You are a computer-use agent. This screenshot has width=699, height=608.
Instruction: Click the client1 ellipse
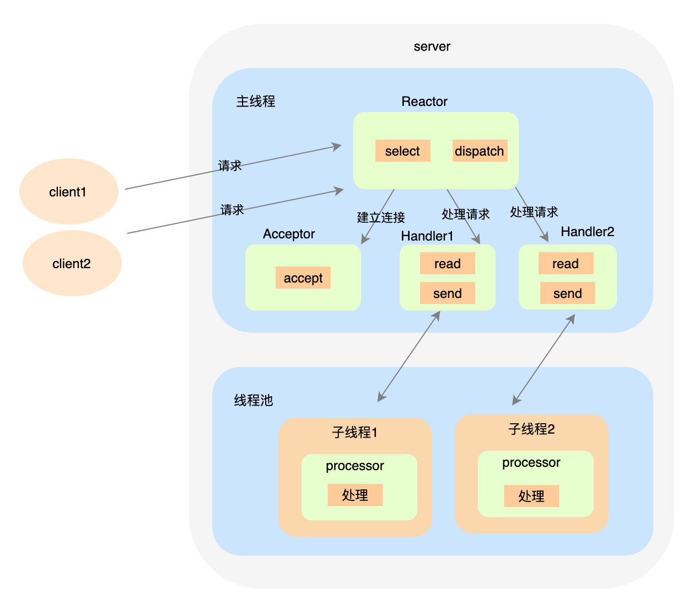(68, 191)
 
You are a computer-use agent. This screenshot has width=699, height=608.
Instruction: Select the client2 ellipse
(72, 263)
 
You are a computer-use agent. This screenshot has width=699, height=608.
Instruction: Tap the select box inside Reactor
(402, 151)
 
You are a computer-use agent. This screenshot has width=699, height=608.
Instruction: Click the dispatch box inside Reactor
(480, 151)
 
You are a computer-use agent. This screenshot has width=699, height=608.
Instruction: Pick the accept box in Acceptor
(303, 278)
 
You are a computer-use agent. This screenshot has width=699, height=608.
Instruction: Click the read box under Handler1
(447, 263)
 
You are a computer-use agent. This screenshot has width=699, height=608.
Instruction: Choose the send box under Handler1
(447, 293)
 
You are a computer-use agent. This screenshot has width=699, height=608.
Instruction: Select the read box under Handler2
(566, 263)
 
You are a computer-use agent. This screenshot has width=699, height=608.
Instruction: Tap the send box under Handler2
(567, 293)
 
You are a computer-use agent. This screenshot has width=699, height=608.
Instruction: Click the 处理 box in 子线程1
(355, 495)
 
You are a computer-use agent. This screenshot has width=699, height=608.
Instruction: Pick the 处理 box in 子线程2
(531, 496)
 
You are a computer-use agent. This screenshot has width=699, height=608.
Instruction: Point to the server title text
(432, 46)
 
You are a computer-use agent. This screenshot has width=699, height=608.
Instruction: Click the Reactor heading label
(424, 102)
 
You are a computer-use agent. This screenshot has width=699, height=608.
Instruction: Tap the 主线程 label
(256, 102)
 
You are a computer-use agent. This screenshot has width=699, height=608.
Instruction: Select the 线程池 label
(254, 400)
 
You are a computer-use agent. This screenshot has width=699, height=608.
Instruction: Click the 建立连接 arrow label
(381, 217)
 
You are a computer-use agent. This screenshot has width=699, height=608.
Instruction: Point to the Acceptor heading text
(289, 234)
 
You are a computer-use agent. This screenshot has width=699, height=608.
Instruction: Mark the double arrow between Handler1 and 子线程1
(409, 356)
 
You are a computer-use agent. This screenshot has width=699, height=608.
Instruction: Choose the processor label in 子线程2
(531, 462)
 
